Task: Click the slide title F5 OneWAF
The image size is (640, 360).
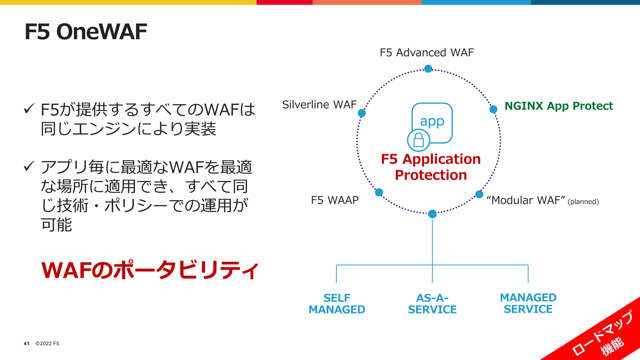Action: [x=86, y=32]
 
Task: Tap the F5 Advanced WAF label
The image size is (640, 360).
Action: [x=427, y=52]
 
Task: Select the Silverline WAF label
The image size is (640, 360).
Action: [x=319, y=104]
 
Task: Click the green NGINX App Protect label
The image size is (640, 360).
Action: [x=559, y=106]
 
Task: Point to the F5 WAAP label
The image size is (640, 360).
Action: [x=335, y=200]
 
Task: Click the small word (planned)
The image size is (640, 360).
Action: [x=583, y=202]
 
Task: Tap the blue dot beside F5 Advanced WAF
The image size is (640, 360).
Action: [x=428, y=68]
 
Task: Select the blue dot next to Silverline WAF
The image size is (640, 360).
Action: [x=362, y=113]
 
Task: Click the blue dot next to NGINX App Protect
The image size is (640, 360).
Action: [x=493, y=109]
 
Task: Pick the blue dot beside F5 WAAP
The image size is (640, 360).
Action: [x=379, y=192]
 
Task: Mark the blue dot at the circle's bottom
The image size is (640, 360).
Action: [x=432, y=214]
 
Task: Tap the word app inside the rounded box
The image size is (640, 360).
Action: [x=432, y=121]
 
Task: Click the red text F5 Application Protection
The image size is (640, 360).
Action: [x=431, y=167]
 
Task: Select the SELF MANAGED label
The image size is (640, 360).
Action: [x=337, y=303]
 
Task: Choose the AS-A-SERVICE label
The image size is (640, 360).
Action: [x=432, y=303]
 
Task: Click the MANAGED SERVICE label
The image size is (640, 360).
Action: [x=528, y=303]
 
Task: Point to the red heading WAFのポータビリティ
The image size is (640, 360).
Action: [x=150, y=270]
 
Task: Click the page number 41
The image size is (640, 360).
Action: [x=27, y=343]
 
